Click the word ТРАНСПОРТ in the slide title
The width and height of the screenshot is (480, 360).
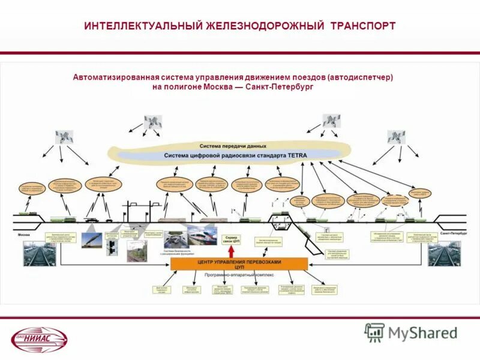(x=361, y=26)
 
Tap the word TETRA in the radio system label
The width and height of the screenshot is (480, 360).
(x=296, y=155)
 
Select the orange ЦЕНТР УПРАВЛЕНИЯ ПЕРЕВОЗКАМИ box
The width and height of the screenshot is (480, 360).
(x=239, y=263)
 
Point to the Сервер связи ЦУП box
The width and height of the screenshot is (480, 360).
(x=232, y=239)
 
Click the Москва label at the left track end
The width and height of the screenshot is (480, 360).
(x=24, y=234)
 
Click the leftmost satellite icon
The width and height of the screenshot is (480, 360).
(x=63, y=137)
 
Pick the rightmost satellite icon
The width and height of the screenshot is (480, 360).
(x=397, y=137)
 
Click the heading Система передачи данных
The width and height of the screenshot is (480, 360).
(x=233, y=146)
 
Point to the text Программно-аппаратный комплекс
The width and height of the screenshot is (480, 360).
(x=239, y=274)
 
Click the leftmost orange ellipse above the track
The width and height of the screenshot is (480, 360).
(x=32, y=190)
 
